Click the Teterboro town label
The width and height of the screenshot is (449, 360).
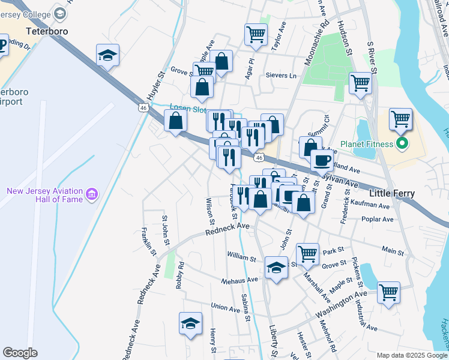pos(47,31)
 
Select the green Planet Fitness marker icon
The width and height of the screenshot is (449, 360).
pos(402,144)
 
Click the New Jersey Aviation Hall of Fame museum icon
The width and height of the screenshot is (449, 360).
pos(91,194)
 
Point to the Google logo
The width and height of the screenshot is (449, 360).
pos(20,352)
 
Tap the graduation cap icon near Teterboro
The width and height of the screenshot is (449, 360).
pos(107,56)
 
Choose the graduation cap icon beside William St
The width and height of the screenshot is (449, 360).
pos(276,266)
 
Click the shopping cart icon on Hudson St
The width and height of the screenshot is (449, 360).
pos(360,83)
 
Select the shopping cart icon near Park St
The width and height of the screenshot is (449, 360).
pos(307,253)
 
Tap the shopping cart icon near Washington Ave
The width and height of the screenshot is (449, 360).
pos(388,293)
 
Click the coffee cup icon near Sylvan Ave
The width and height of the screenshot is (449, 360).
pos(322,160)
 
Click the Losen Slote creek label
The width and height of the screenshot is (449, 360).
pos(187,109)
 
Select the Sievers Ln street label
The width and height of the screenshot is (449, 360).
pos(281,76)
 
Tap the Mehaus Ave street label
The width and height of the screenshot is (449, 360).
pos(240,280)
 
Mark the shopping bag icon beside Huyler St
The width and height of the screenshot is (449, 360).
pos(175,121)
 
